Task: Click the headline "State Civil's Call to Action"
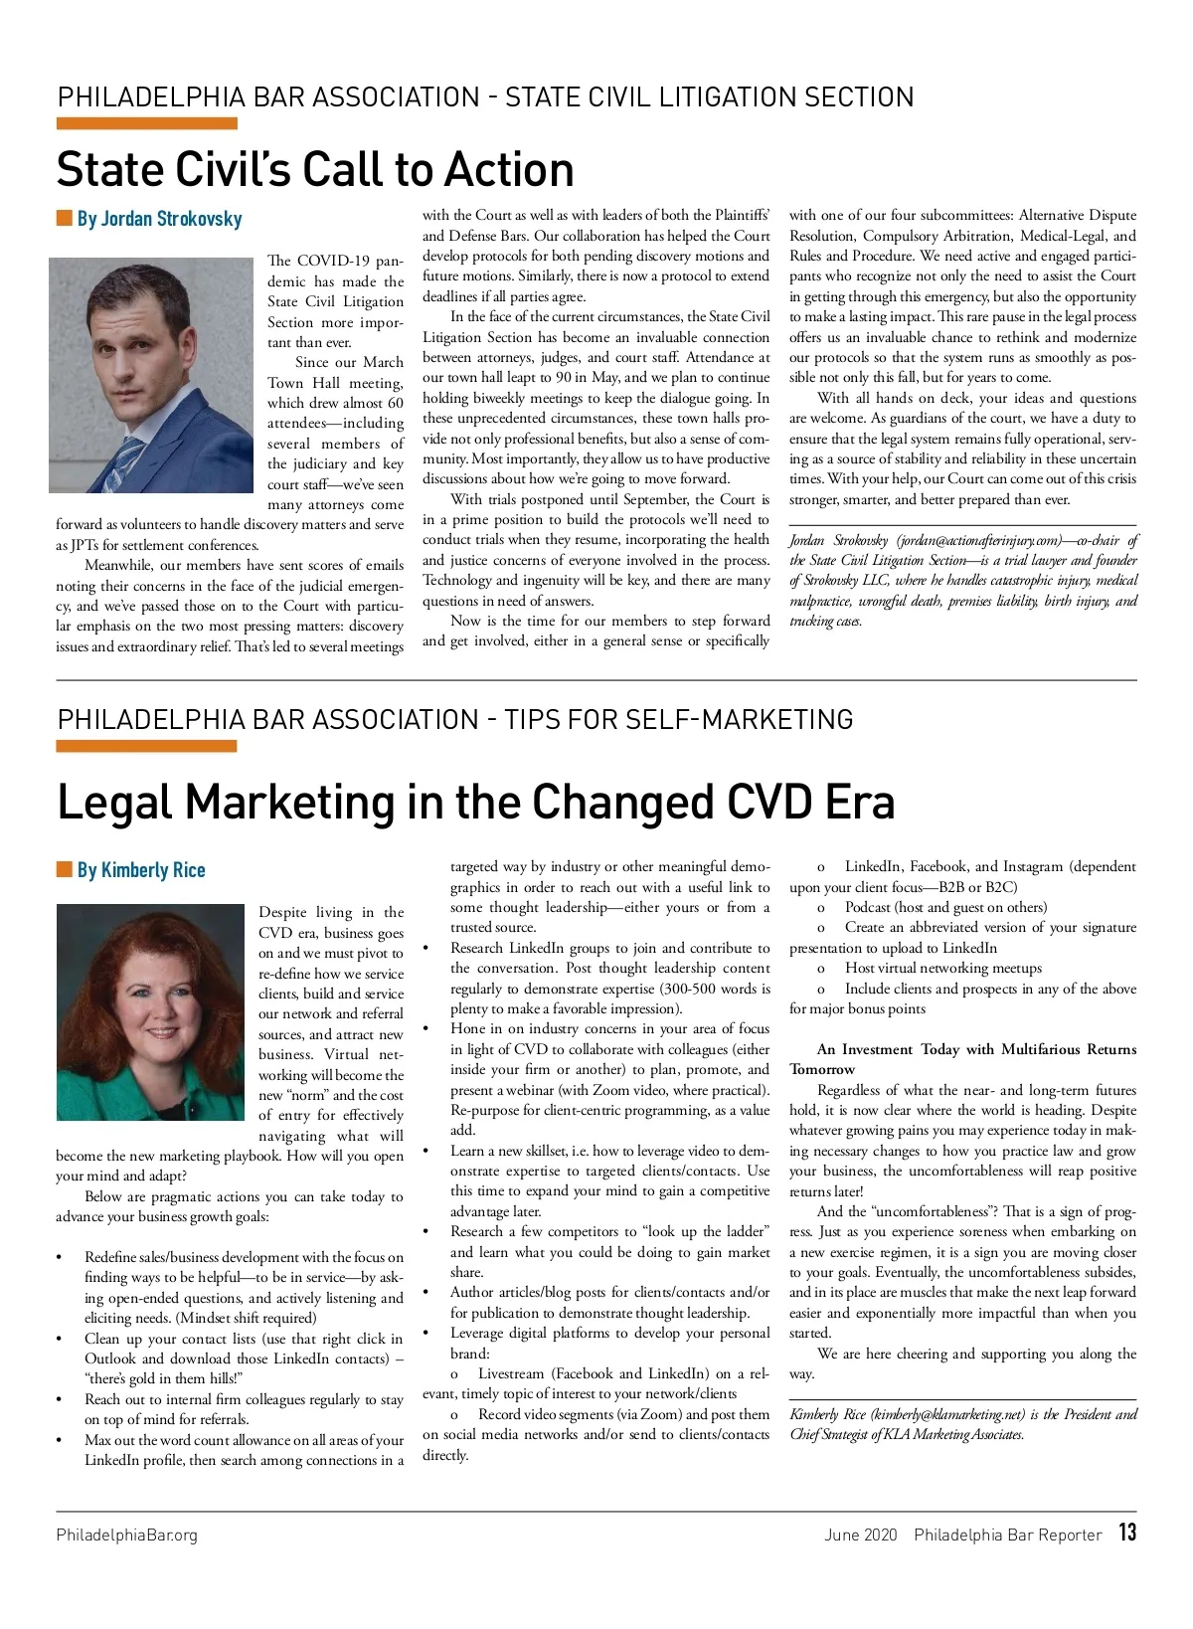coord(315,170)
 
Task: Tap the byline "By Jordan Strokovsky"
coord(159,219)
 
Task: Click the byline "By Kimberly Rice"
coord(141,870)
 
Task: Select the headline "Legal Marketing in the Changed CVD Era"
coord(475,802)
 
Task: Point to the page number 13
coord(1126,1533)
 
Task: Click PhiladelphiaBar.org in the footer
coord(126,1535)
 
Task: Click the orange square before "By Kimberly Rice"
coord(65,870)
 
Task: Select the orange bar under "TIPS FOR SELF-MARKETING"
coord(146,746)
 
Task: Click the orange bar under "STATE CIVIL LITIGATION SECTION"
coord(146,124)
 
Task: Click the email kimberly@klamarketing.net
coord(947,1414)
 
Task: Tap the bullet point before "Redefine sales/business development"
coord(61,1258)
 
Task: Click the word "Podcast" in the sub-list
coord(868,907)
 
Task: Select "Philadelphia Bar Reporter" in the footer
coord(1007,1535)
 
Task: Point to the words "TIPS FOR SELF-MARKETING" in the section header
coord(678,719)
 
